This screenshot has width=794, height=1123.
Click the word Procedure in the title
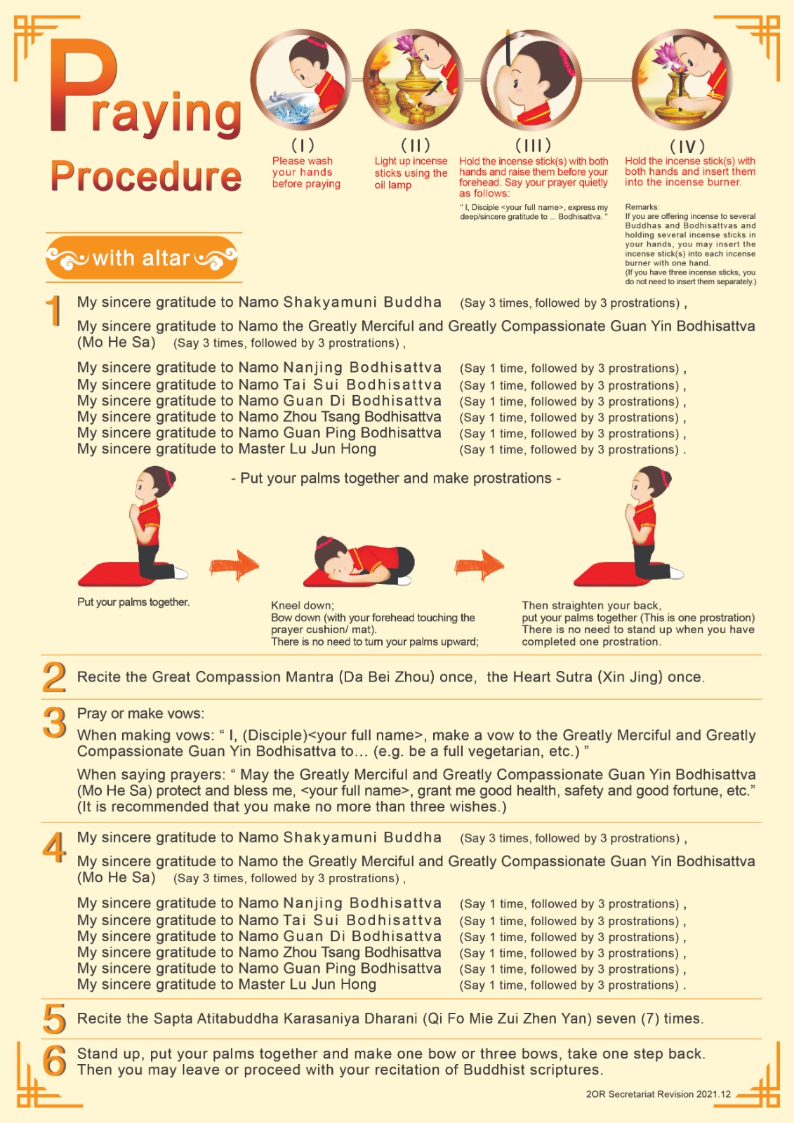(x=146, y=176)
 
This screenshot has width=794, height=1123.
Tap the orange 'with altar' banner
(x=141, y=258)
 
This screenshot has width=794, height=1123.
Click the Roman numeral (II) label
(x=416, y=145)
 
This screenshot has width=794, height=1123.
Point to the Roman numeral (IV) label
(x=687, y=147)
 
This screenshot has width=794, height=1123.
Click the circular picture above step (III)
(x=531, y=79)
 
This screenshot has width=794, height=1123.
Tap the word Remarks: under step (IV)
(x=642, y=206)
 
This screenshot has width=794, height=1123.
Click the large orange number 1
(x=54, y=310)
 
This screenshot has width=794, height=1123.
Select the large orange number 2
(x=54, y=677)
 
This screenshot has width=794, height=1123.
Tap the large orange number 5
(x=55, y=1018)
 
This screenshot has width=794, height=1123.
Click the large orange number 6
(x=55, y=1061)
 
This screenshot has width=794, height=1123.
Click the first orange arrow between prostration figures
(x=234, y=566)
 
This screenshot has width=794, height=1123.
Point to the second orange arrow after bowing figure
(x=479, y=566)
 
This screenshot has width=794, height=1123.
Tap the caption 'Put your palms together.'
(x=133, y=602)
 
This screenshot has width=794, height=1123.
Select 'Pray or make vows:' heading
(x=141, y=713)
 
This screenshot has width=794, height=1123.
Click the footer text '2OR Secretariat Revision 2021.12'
(x=658, y=1094)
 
